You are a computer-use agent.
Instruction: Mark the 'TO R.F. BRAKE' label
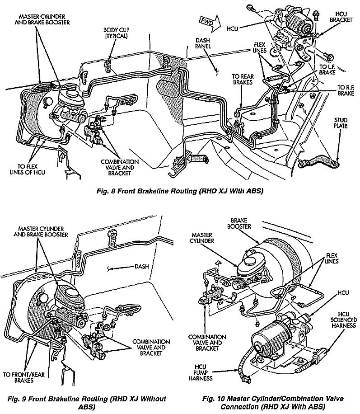coord(346,90)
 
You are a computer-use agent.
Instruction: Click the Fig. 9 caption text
coord(85,402)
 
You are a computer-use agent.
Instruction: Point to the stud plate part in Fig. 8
coord(322,160)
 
